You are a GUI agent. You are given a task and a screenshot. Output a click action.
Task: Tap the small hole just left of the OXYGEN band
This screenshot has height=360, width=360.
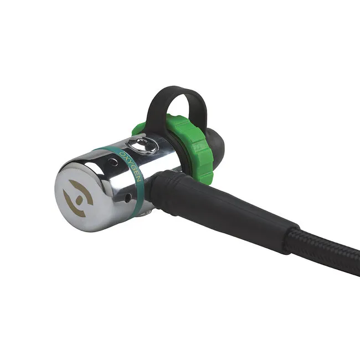(x=114, y=162)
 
